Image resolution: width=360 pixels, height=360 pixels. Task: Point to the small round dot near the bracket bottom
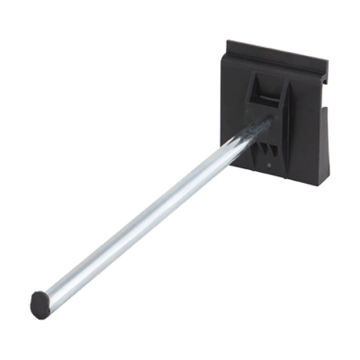click(x=270, y=164)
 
